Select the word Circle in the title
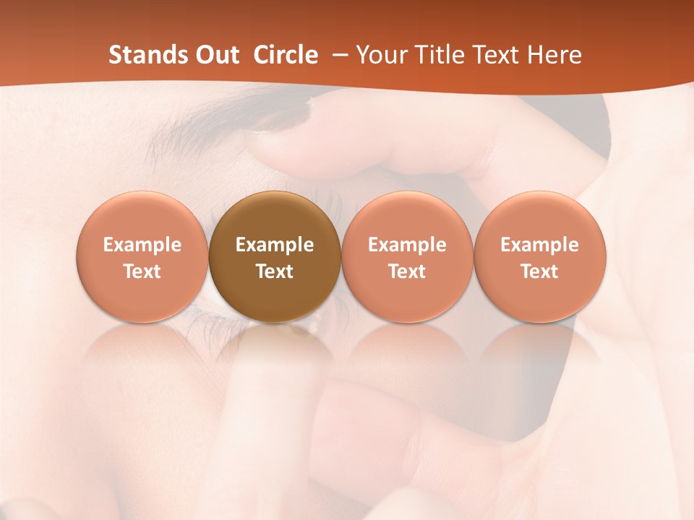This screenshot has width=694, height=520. (x=286, y=55)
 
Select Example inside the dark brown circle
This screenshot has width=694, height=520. (x=275, y=245)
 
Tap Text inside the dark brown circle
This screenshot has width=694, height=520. (x=275, y=272)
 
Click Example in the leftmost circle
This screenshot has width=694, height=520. (x=142, y=245)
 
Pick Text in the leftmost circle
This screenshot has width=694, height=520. (x=142, y=272)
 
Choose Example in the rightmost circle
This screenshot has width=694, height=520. (x=540, y=245)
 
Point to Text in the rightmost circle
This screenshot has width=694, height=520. (x=540, y=272)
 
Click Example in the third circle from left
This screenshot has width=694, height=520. (x=407, y=245)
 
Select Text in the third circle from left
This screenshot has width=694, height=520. (x=407, y=272)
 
